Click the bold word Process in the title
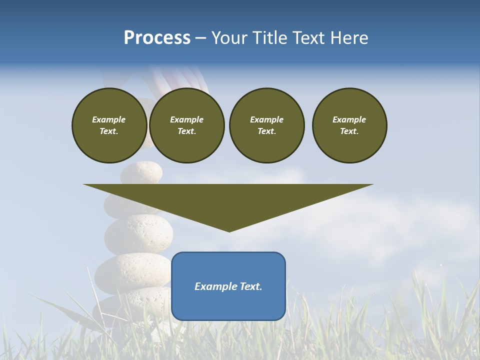click(157, 38)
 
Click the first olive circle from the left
click(109, 125)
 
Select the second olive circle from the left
click(186, 125)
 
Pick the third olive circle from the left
click(266, 125)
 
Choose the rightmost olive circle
click(349, 125)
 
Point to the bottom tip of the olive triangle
click(229, 230)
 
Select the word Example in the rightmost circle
click(349, 119)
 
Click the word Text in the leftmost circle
click(109, 131)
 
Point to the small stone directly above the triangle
click(141, 172)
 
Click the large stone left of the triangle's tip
click(138, 234)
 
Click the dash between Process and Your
click(200, 38)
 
